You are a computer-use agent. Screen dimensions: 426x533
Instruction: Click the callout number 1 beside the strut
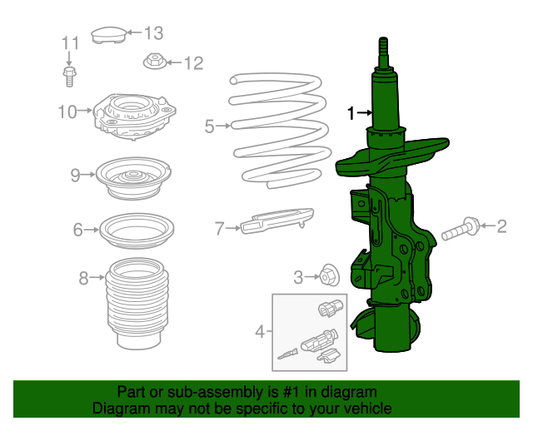pyautogui.click(x=351, y=111)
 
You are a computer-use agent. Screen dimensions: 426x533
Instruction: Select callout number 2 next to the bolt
pyautogui.click(x=501, y=225)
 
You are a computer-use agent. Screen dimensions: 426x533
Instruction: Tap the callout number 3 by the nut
pyautogui.click(x=298, y=277)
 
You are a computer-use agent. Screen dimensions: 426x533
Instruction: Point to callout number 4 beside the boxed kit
pyautogui.click(x=260, y=332)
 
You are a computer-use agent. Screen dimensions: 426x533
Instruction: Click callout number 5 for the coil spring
pyautogui.click(x=209, y=126)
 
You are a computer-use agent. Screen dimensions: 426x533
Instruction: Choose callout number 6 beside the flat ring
pyautogui.click(x=77, y=230)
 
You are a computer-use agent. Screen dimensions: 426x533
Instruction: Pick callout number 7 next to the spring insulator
pyautogui.click(x=220, y=227)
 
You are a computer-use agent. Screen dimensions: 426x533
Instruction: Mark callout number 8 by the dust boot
pyautogui.click(x=83, y=279)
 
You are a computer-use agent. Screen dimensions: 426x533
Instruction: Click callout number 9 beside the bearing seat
pyautogui.click(x=75, y=175)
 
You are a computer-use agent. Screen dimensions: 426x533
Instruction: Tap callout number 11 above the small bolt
pyautogui.click(x=69, y=43)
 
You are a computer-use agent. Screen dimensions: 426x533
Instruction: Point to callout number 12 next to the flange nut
pyautogui.click(x=193, y=62)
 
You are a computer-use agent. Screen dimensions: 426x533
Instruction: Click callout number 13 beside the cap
pyautogui.click(x=154, y=33)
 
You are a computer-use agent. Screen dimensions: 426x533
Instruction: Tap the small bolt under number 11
pyautogui.click(x=69, y=76)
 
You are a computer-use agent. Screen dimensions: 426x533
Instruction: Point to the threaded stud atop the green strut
pyautogui.click(x=384, y=55)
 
